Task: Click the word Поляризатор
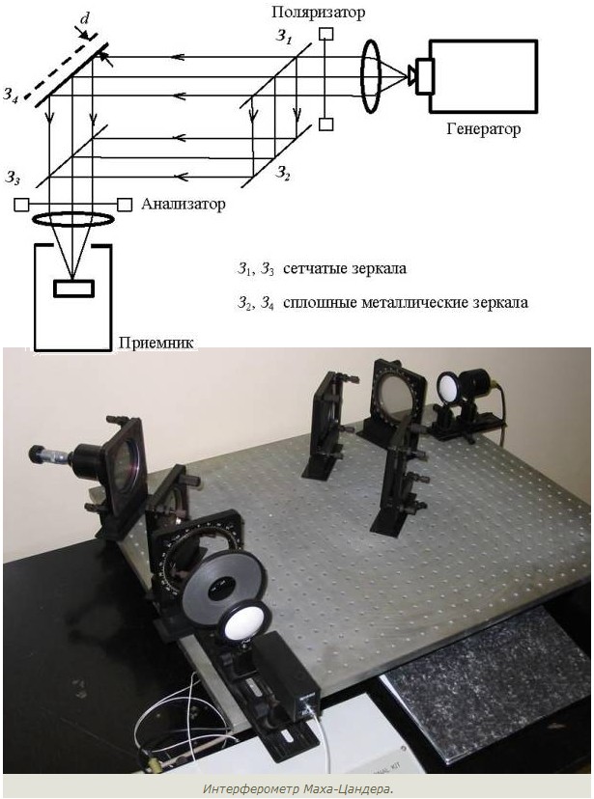point(318,12)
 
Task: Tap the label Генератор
point(483,129)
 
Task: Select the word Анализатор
point(184,205)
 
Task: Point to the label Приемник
point(156,343)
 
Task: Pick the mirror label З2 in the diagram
point(283,174)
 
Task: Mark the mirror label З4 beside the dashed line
point(11,95)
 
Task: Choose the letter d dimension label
point(85,19)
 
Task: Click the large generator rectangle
point(483,75)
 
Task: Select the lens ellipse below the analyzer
point(71,219)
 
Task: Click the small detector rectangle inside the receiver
point(74,288)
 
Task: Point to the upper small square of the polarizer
point(325,34)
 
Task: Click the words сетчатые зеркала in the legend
point(345,268)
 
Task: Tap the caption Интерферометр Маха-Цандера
point(298,789)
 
